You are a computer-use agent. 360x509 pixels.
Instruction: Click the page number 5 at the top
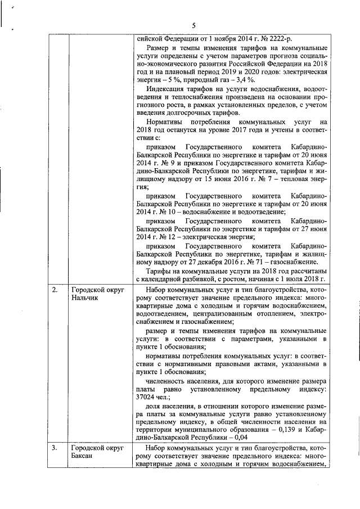pyautogui.click(x=193, y=25)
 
